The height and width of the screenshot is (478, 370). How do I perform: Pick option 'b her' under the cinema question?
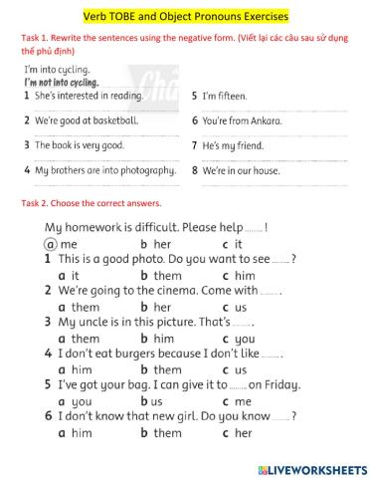pyautogui.click(x=162, y=308)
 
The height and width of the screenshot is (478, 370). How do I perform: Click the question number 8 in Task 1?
pyautogui.click(x=194, y=170)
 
